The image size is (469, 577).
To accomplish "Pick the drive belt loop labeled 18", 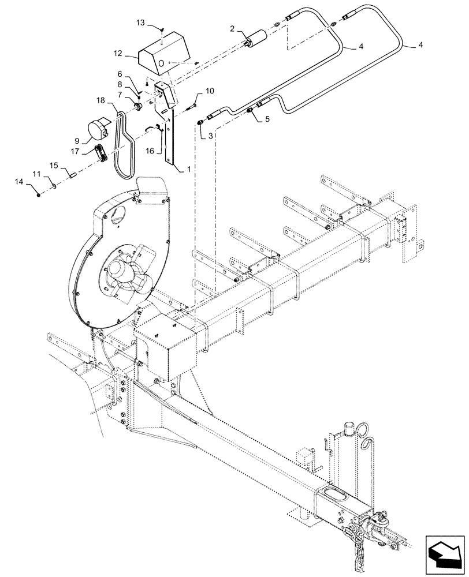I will tap(124, 141).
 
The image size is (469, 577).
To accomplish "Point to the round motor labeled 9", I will tap(98, 128).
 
